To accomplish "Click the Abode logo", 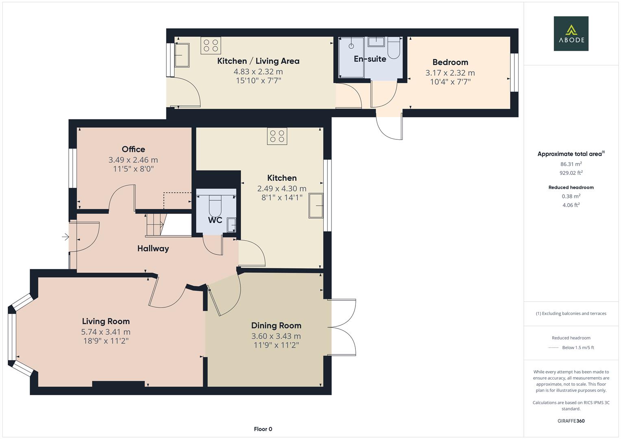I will click(571, 33).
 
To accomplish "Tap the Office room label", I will click(133, 149).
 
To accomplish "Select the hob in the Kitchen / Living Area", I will click(211, 45).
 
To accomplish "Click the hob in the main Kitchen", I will click(277, 136).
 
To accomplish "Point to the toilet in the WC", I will click(215, 205).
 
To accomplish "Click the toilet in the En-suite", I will click(394, 48).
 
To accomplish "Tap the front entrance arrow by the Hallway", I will click(65, 237).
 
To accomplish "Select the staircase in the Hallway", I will click(155, 225).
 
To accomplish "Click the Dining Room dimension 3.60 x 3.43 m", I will click(276, 336).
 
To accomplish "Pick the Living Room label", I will click(106, 321).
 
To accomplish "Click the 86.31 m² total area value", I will click(571, 164).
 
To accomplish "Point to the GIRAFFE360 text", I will click(571, 421).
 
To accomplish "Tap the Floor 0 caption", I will click(263, 429).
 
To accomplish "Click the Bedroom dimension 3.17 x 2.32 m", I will click(450, 73).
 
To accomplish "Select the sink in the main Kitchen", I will click(316, 206).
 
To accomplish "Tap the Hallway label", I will click(153, 248).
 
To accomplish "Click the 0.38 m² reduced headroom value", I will click(571, 196).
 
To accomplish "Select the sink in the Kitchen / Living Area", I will click(181, 55).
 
